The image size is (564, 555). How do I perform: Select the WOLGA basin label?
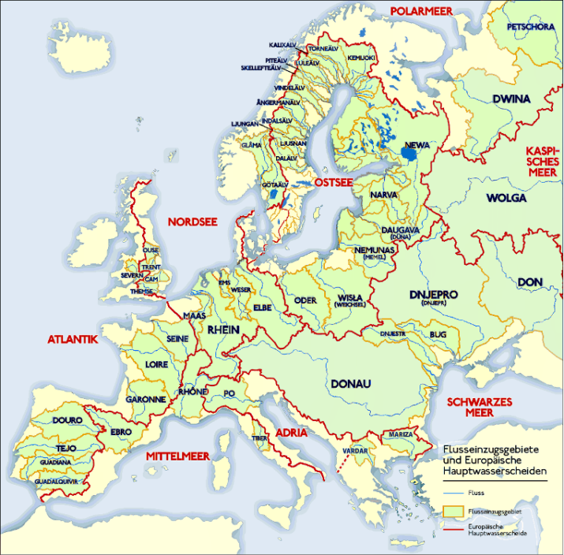coord(506,198)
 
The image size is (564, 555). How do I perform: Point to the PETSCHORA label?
coord(527,27)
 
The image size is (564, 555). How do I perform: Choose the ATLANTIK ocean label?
coord(72,340)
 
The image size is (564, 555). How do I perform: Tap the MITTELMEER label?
coord(177,456)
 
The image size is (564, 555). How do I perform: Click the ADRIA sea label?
coord(292,433)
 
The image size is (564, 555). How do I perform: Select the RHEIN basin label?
coord(222,330)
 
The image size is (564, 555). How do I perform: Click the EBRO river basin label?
coord(121,432)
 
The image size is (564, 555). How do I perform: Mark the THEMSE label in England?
coord(142,291)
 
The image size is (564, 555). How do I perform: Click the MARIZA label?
coord(396,435)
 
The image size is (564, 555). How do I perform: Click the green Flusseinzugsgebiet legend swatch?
coord(450,512)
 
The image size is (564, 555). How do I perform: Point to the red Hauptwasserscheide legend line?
coord(450,529)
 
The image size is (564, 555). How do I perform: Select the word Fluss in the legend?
coord(476,494)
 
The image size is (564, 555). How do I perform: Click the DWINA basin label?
coord(511,99)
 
